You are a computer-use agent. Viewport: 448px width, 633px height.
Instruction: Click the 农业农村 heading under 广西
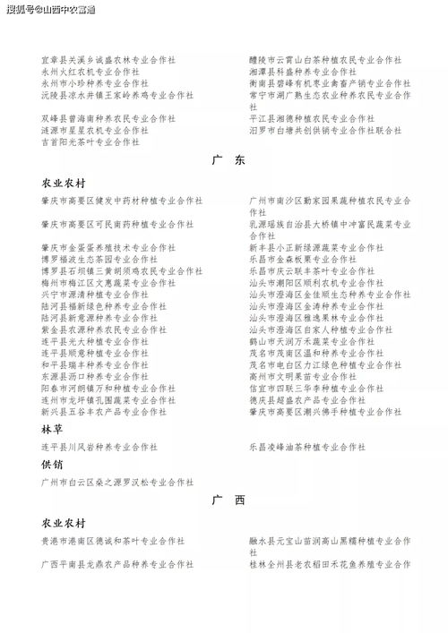pos(64,522)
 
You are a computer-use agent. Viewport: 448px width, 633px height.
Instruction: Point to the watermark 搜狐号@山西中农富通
pos(50,9)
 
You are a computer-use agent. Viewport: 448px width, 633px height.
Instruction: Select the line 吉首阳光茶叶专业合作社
pos(90,141)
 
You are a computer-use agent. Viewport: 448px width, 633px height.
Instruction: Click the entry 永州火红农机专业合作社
pos(90,71)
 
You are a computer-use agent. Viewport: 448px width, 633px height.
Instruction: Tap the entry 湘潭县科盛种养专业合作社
pos(302,71)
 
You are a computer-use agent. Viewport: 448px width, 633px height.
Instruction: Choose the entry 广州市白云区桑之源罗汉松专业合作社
pos(117,482)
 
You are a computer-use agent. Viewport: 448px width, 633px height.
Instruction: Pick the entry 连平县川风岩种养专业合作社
pos(99,446)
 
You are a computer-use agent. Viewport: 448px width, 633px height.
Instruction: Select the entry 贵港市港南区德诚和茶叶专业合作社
pos(113,541)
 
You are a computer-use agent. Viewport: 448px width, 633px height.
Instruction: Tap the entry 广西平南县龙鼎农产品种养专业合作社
pos(117,564)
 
